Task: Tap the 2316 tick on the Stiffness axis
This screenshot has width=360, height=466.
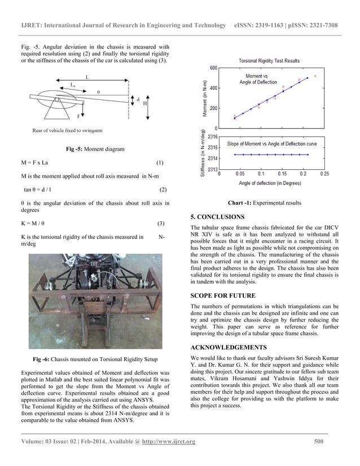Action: (x=213, y=137)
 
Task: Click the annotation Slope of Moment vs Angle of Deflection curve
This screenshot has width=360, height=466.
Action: (x=269, y=144)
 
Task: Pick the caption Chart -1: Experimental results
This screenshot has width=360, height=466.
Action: (x=264, y=202)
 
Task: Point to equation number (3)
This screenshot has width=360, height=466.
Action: (x=160, y=223)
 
